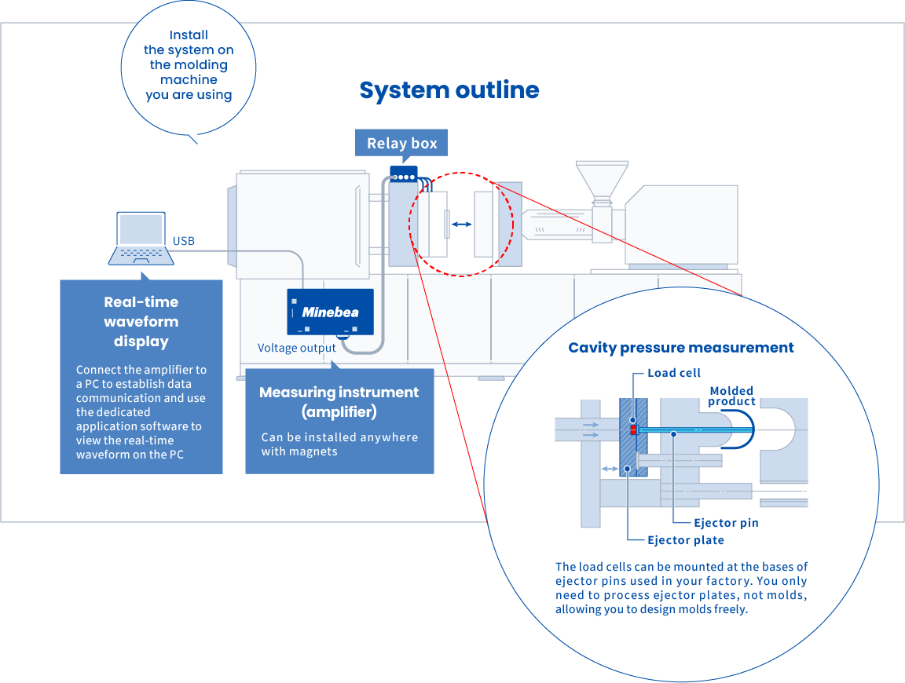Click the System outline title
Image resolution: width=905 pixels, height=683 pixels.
click(x=449, y=90)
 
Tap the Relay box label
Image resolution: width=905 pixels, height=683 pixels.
click(x=401, y=144)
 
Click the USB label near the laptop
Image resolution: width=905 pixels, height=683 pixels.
click(x=184, y=240)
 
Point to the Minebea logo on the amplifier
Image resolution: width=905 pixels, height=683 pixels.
click(x=330, y=312)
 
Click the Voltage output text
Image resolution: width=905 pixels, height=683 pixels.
click(x=297, y=348)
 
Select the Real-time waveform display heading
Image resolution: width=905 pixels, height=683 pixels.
click(x=141, y=321)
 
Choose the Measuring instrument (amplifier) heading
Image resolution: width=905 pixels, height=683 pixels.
click(x=339, y=401)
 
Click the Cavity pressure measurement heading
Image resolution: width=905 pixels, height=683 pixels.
click(x=681, y=348)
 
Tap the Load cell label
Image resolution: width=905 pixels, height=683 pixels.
click(x=674, y=373)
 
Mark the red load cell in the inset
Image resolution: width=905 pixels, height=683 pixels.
click(x=632, y=430)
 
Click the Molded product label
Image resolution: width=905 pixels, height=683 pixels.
click(x=731, y=396)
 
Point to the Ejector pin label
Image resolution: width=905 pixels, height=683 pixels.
click(x=726, y=522)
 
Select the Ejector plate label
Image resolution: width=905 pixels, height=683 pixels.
click(x=686, y=540)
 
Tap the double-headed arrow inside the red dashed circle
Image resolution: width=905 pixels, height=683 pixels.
click(x=461, y=225)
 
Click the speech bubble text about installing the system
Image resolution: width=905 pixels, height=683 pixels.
click(x=189, y=65)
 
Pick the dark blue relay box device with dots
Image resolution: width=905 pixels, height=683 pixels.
click(x=403, y=173)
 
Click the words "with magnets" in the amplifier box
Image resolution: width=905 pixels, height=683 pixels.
click(x=299, y=451)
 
